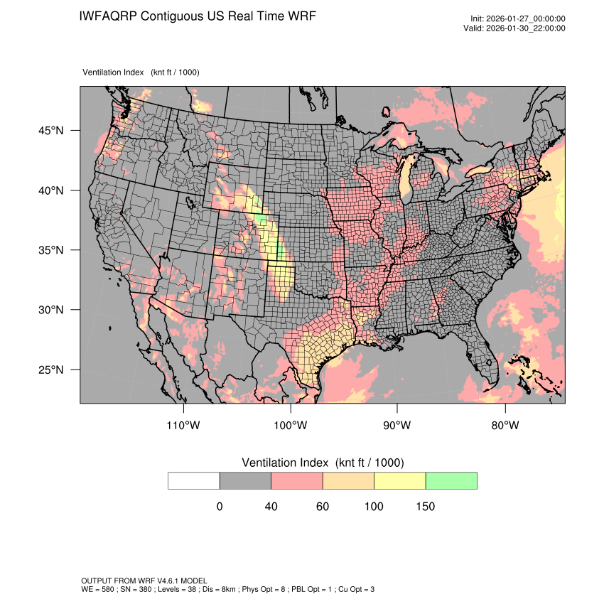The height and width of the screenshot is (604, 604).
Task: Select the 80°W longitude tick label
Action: tap(505, 426)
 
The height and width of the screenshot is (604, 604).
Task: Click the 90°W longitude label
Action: tap(397, 426)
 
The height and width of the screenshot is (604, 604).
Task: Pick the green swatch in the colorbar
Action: tap(451, 480)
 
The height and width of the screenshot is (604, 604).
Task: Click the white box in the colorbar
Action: tap(194, 480)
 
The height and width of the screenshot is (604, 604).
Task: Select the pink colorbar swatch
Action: tap(297, 480)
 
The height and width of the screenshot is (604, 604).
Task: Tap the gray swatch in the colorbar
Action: tap(245, 480)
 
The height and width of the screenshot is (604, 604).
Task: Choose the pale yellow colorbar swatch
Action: tap(399, 480)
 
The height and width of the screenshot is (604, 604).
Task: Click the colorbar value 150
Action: tap(425, 507)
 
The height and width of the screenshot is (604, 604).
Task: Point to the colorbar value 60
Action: tap(323, 507)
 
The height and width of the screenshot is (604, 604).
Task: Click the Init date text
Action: tap(518, 18)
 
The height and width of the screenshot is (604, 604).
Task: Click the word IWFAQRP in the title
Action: tap(109, 16)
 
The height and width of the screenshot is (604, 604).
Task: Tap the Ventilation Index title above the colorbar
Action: tap(323, 463)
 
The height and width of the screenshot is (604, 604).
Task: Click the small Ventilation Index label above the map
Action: tap(114, 72)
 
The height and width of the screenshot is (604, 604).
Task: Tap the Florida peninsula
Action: tap(488, 359)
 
